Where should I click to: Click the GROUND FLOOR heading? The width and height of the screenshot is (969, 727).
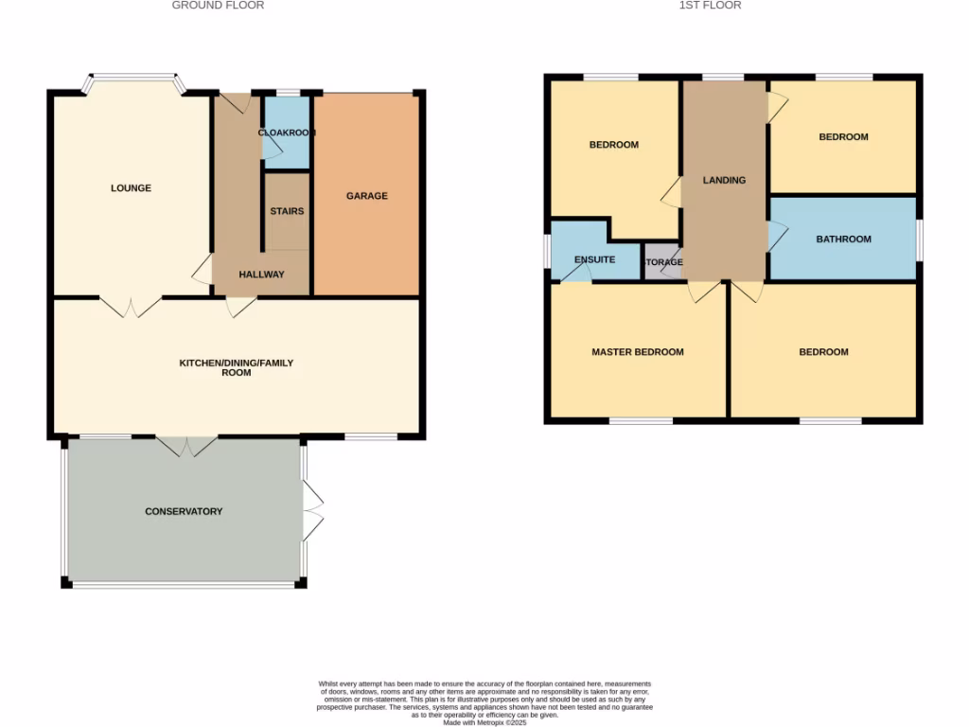[x=218, y=6]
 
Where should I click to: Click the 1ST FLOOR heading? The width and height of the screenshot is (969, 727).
[x=710, y=6]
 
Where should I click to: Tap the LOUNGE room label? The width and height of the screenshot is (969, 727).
[x=131, y=188]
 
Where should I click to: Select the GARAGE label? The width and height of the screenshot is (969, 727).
[x=366, y=196]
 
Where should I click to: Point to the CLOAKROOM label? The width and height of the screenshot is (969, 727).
[x=287, y=133]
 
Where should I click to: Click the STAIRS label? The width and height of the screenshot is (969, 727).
[x=287, y=211]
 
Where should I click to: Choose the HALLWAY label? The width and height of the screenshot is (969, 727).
[x=261, y=275]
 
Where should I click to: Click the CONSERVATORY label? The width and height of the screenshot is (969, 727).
[x=184, y=511]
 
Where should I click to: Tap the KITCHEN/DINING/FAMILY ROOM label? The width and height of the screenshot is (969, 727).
[x=237, y=367]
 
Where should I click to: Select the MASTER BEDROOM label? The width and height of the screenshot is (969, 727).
[x=638, y=352]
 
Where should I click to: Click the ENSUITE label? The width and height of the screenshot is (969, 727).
[x=594, y=259]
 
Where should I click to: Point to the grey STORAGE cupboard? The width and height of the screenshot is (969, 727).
[x=662, y=262]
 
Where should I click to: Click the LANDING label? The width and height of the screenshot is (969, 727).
[x=724, y=180]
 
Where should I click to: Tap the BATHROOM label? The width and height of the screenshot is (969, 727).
[x=843, y=239]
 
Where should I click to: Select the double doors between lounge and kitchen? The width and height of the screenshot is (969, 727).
[x=131, y=306]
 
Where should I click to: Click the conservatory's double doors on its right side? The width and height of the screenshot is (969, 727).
[x=313, y=511]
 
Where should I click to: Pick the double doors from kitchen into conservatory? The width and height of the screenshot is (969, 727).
[x=187, y=446]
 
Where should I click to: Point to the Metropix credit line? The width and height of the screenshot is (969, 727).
[x=484, y=721]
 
